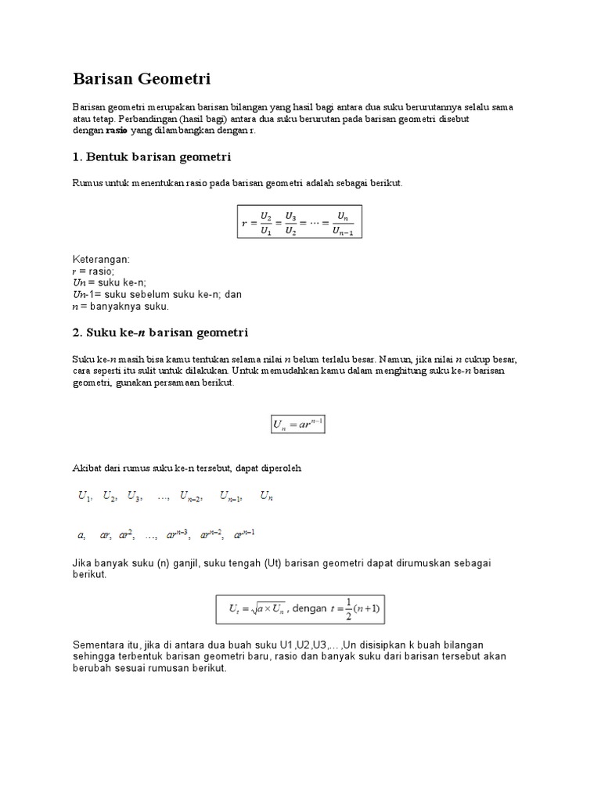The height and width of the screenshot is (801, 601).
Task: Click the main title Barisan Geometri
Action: tap(142, 79)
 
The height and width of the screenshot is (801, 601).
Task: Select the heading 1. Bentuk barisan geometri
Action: tap(152, 157)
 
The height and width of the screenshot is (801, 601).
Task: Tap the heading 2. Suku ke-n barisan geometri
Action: tap(160, 332)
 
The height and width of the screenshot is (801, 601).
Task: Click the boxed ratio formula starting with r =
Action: tap(300, 221)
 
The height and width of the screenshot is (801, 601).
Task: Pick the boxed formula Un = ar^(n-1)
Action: tap(297, 425)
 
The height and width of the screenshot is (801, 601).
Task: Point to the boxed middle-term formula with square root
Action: tap(300, 608)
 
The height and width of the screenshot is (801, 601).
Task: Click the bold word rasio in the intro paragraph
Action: tap(117, 131)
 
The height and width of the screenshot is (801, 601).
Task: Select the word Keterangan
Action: tap(101, 259)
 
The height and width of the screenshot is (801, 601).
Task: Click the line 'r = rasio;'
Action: tap(93, 271)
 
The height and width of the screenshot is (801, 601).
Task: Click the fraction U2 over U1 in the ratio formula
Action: tap(265, 221)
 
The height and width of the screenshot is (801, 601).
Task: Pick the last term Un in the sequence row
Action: tap(266, 496)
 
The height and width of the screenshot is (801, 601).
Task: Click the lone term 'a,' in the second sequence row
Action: tap(81, 536)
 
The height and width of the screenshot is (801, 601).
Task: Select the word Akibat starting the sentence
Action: tap(88, 468)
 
